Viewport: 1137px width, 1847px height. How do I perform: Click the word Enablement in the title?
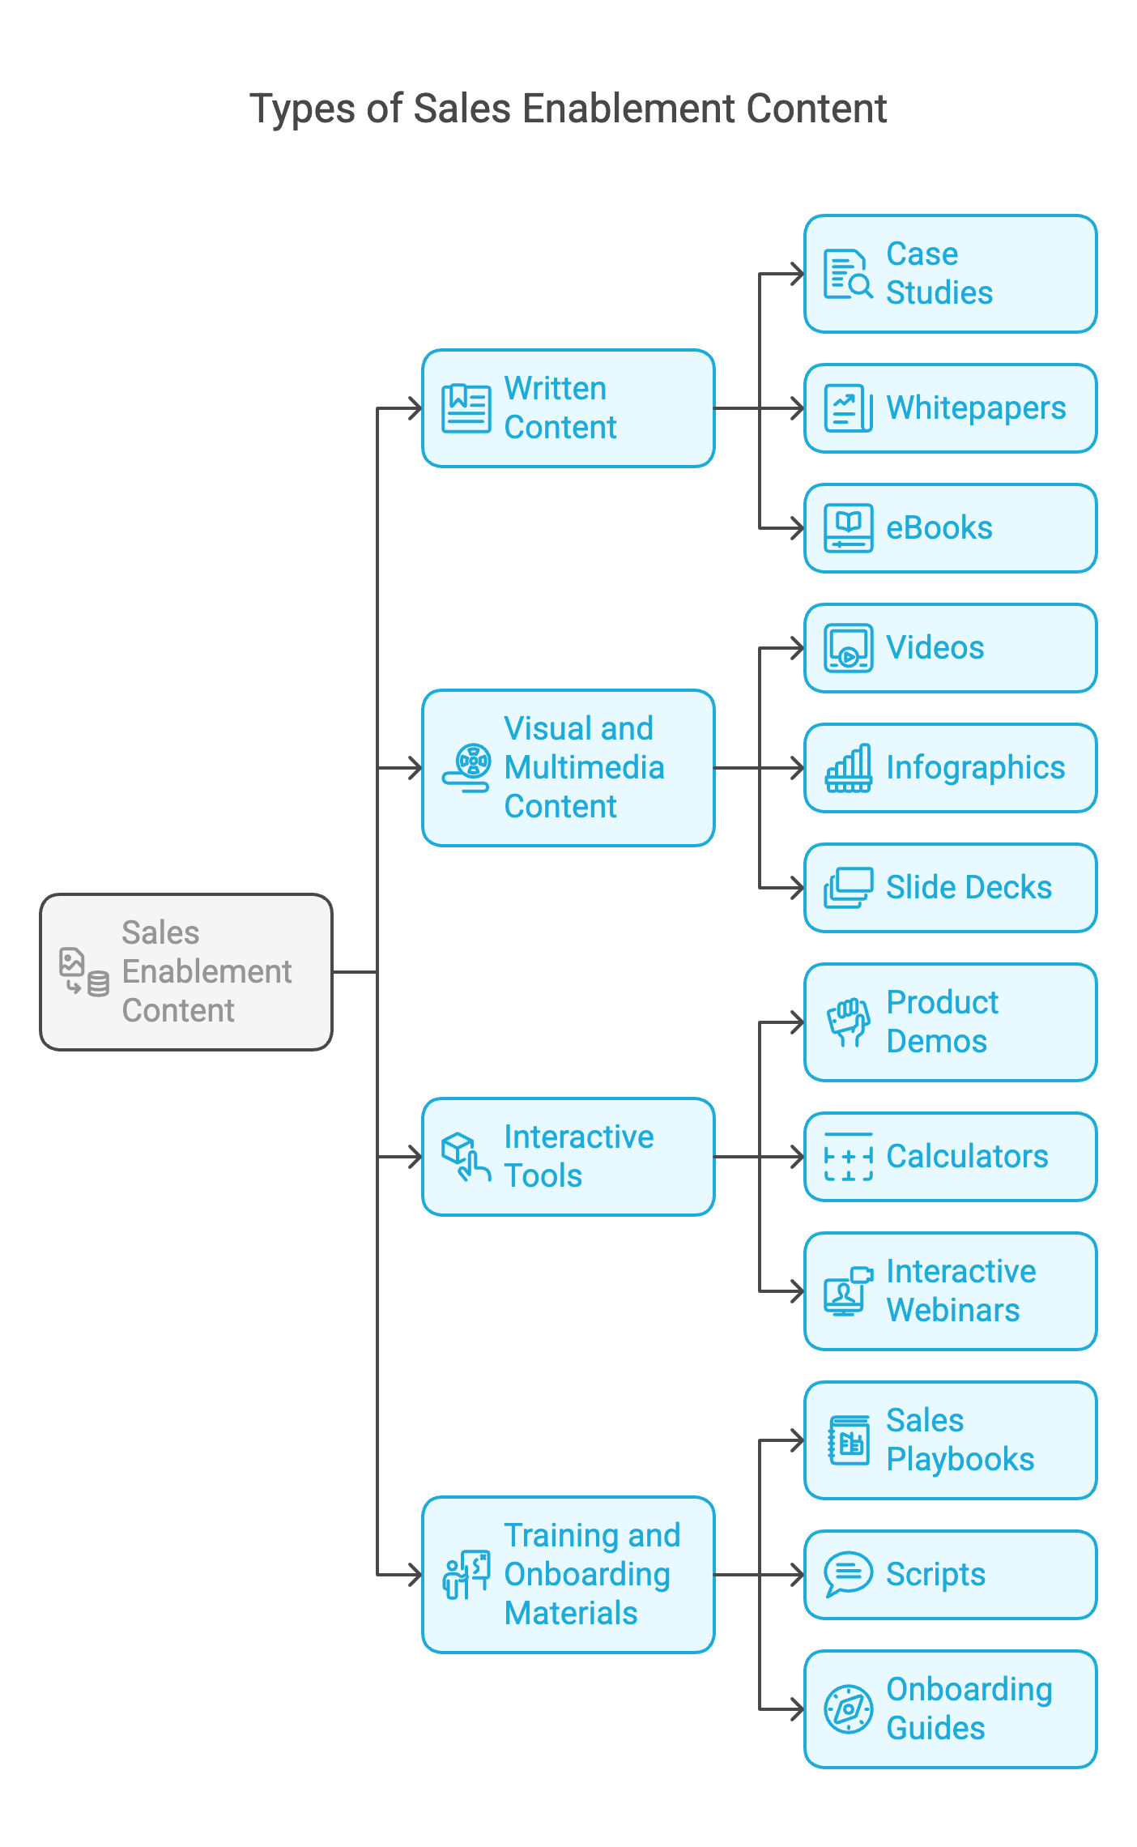pos(628,109)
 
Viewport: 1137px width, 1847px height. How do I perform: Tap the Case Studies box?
pos(950,274)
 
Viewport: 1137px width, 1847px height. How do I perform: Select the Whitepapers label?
pos(976,408)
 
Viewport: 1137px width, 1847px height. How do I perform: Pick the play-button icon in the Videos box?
pos(848,648)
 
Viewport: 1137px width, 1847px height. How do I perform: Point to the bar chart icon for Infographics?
pos(848,768)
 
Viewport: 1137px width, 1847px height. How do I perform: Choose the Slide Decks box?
pos(950,888)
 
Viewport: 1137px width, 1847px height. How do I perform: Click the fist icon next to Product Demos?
pos(848,1022)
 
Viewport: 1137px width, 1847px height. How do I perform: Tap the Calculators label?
pos(967,1157)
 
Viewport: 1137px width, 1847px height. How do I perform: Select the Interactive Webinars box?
pos(950,1291)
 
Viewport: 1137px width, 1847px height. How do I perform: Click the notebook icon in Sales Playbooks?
pos(848,1440)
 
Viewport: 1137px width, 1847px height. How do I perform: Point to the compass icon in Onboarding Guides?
pos(848,1709)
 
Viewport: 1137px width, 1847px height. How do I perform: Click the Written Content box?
pos(568,408)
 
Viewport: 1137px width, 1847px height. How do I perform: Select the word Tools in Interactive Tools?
pos(543,1176)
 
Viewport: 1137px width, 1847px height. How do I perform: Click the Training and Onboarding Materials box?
pos(568,1575)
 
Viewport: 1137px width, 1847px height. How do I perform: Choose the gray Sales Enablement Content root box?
pos(186,972)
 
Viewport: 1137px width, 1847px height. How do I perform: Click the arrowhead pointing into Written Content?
pos(415,408)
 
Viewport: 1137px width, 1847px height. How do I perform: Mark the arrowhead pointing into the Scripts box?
pos(798,1575)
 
